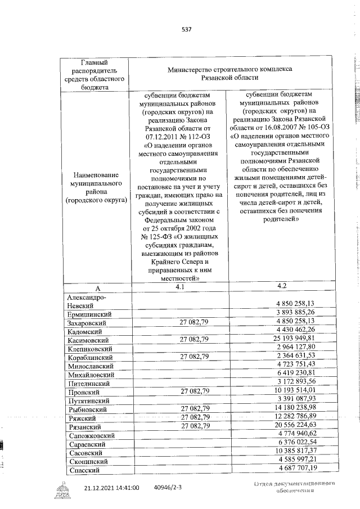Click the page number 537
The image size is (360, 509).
(x=187, y=29)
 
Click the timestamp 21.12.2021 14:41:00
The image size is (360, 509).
(x=111, y=488)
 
